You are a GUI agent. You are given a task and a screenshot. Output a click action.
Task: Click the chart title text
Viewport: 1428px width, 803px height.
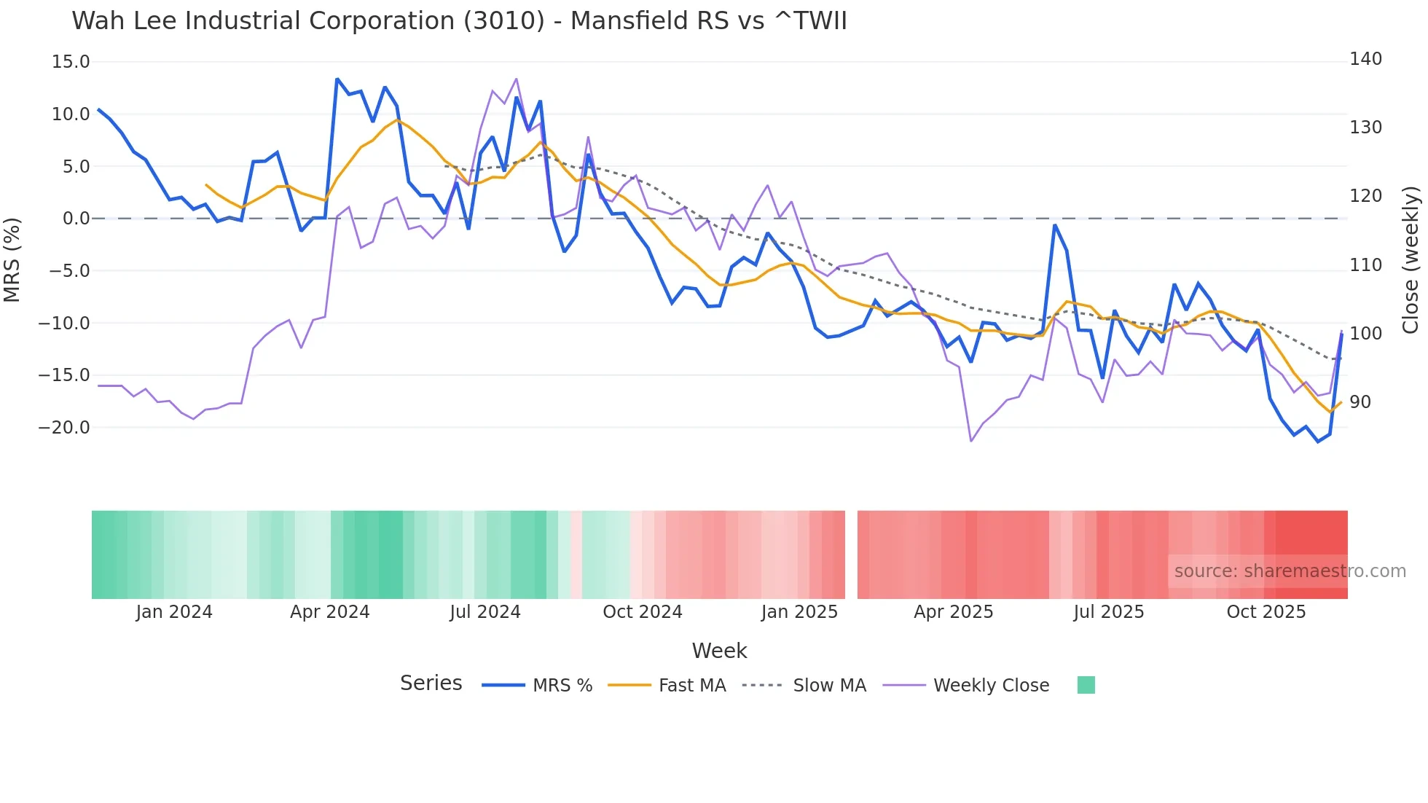[x=459, y=21]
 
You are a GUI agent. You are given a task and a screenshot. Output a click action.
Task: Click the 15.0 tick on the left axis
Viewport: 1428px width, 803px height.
[x=71, y=62]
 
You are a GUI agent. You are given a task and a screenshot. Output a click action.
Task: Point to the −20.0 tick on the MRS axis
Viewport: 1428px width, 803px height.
[x=64, y=428]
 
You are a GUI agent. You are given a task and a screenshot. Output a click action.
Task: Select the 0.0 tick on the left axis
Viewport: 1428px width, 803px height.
[x=76, y=219]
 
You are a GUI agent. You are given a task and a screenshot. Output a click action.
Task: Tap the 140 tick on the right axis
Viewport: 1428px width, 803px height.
[x=1365, y=59]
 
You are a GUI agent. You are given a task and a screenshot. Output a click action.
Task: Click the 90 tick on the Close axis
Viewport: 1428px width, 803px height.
[x=1360, y=402]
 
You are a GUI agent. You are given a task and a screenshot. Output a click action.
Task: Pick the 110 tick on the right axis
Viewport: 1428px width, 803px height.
[x=1365, y=265]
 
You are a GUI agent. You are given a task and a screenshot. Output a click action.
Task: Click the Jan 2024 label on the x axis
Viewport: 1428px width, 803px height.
[x=174, y=612]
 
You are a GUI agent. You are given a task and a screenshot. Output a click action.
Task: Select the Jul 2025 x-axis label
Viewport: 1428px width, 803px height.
[x=1108, y=612]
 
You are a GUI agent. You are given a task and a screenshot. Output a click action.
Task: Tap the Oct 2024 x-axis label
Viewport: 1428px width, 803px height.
[x=642, y=612]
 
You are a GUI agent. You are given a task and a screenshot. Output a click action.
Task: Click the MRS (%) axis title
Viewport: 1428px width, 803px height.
[x=12, y=259]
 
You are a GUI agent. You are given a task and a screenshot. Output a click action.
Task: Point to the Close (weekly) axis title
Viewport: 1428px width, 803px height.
[x=1411, y=259]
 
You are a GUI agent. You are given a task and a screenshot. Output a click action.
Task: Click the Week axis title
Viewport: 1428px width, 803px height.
[x=719, y=651]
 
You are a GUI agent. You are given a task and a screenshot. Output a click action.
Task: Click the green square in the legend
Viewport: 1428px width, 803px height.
[x=1086, y=685]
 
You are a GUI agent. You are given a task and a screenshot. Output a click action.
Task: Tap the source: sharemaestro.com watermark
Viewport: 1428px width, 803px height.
[x=1290, y=571]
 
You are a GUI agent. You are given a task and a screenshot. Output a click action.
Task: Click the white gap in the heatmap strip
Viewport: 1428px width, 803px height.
[x=851, y=555]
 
